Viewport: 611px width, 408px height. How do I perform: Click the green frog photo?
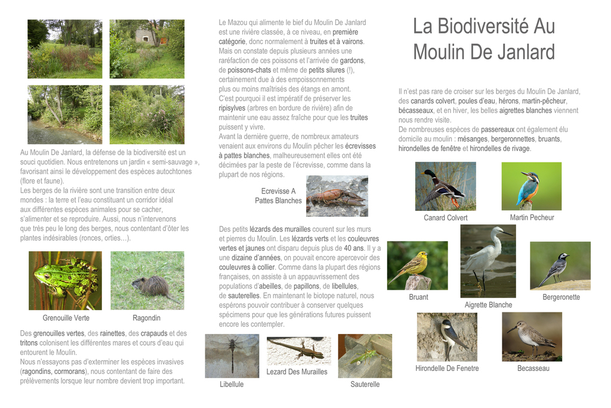tap(65, 280)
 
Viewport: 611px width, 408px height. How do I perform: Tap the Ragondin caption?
tap(146, 318)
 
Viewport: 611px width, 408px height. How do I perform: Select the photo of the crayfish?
tap(337, 196)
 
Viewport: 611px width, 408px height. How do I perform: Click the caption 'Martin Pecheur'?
tap(532, 217)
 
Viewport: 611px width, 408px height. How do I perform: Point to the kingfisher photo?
tap(531, 186)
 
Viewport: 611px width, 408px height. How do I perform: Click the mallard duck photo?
tap(445, 186)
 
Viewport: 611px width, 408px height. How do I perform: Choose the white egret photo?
tap(487, 261)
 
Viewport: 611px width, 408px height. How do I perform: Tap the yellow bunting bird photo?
tap(417, 265)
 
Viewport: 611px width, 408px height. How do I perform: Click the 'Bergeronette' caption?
tap(561, 297)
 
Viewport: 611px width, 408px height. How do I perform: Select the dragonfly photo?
tap(232, 355)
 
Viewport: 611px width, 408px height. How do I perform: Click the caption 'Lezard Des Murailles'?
tap(297, 372)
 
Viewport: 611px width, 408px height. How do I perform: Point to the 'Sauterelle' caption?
tap(365, 384)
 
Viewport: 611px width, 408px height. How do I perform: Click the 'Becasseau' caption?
tap(533, 368)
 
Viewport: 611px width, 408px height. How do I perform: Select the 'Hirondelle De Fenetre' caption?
tap(447, 368)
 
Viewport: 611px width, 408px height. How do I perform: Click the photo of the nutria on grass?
tap(147, 280)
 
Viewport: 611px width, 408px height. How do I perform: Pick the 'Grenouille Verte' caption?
tap(66, 318)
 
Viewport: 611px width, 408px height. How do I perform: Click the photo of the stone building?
tap(146, 48)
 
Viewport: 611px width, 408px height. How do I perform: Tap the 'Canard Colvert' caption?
tap(446, 217)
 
